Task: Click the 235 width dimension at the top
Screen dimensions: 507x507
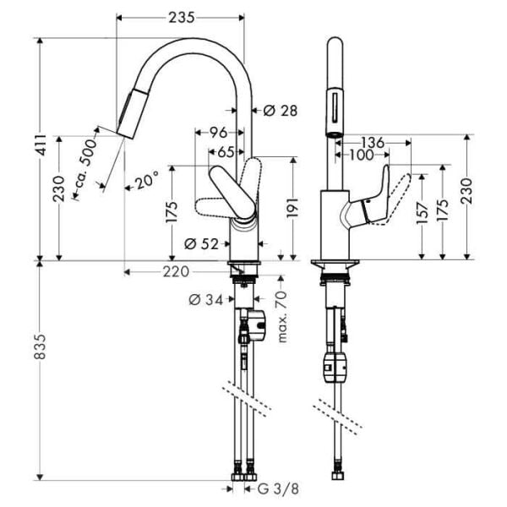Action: pyautogui.click(x=180, y=17)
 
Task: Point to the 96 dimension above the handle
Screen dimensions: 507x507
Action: pyautogui.click(x=218, y=132)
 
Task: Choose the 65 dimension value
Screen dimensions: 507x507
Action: pyautogui.click(x=226, y=152)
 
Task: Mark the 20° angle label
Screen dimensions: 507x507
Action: pyautogui.click(x=144, y=180)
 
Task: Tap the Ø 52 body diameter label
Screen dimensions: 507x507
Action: pyautogui.click(x=200, y=244)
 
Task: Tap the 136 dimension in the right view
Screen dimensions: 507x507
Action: pyautogui.click(x=373, y=141)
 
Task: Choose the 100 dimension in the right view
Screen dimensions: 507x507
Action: pyautogui.click(x=361, y=155)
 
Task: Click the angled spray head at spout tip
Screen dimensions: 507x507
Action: pyautogui.click(x=133, y=116)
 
